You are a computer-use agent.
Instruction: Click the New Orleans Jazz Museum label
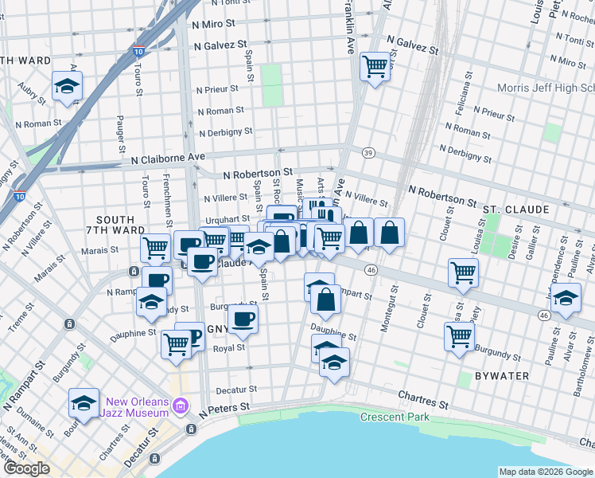[x=136, y=407]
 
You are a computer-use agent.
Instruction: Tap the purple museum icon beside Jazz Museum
[x=181, y=407]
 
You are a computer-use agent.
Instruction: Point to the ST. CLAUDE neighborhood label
[x=515, y=210]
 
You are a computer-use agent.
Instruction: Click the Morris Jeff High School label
[x=546, y=88]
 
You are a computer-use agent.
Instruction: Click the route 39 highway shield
[x=367, y=152]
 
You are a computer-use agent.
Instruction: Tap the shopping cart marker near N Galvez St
[x=375, y=65]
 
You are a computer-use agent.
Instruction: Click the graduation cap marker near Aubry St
[x=68, y=85]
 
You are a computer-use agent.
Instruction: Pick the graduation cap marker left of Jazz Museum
[x=84, y=403]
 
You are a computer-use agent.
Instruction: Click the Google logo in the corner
[x=26, y=468]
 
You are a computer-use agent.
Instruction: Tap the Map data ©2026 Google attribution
[x=545, y=472]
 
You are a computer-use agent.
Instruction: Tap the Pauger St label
[x=122, y=135]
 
